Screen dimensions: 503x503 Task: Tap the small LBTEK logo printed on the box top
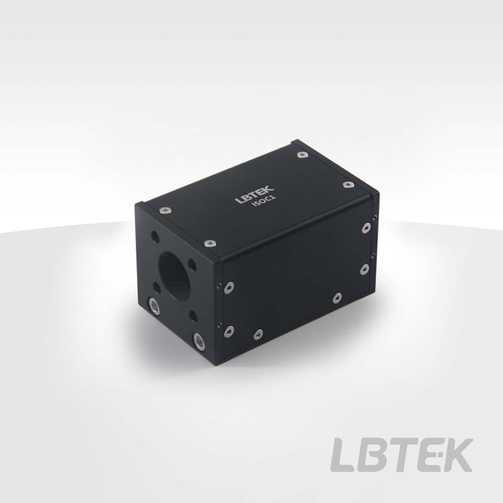pos(254,194)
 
